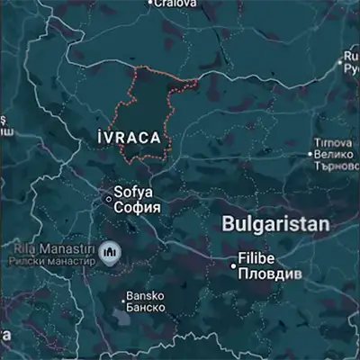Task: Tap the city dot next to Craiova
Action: [x=150, y=3]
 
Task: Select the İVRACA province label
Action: [x=132, y=138]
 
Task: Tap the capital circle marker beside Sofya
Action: [x=109, y=199]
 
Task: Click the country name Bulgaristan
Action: [x=275, y=224]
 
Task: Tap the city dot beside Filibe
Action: [x=233, y=265]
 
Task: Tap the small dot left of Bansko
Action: [x=121, y=297]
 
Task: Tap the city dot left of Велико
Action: [x=311, y=155]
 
